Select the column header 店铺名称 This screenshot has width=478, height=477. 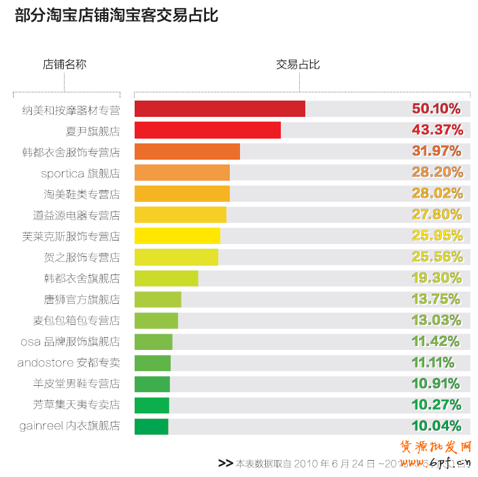click(x=65, y=65)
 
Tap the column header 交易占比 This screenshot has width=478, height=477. click(x=298, y=65)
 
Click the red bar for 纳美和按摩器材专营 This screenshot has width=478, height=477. click(x=220, y=109)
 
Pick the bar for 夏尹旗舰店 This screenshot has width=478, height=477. click(x=207, y=130)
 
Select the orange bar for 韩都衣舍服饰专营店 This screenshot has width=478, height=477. click(x=187, y=151)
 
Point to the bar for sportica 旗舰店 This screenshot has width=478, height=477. click(x=182, y=172)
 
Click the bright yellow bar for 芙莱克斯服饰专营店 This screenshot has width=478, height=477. click(x=177, y=236)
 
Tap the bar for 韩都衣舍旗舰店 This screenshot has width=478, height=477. click(x=167, y=278)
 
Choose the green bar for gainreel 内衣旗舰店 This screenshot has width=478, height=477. click(x=152, y=426)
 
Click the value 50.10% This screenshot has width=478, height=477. click(x=437, y=109)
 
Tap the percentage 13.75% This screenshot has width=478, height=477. click(x=437, y=299)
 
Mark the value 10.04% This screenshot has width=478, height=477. click(x=437, y=426)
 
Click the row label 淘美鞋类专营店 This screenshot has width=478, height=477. click(x=82, y=194)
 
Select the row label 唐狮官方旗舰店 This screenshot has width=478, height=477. click(x=82, y=299)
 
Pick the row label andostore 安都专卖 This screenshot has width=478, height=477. click(x=69, y=363)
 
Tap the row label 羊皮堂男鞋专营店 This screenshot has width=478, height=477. click(x=77, y=384)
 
